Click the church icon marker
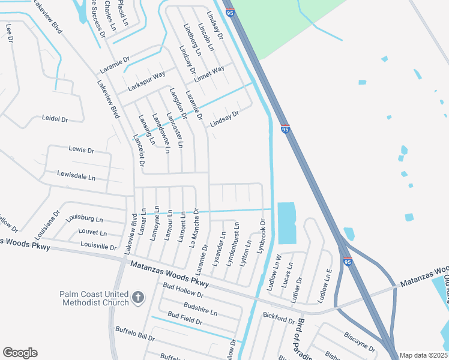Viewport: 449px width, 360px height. [x=138, y=297]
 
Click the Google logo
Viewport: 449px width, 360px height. [x=20, y=353]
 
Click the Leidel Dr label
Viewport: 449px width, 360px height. [x=55, y=119]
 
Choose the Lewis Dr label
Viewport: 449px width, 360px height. [x=82, y=149]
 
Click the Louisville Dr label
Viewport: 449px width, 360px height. [x=98, y=246]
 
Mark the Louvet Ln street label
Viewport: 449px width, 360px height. [x=92, y=233]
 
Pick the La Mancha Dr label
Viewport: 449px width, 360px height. [x=194, y=228]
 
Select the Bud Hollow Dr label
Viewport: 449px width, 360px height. [x=184, y=296]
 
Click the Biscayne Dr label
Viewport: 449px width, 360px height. [x=360, y=342]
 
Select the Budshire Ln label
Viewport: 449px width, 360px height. [x=200, y=309]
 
